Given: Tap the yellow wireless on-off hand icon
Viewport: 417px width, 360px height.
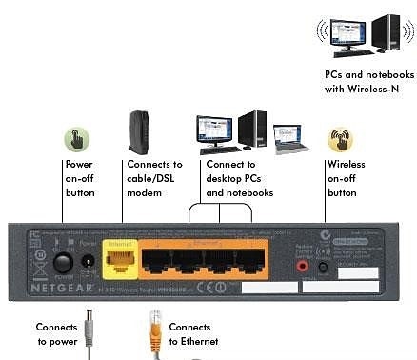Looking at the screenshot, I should (x=340, y=140).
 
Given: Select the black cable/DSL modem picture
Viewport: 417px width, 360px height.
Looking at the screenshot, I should (x=137, y=132).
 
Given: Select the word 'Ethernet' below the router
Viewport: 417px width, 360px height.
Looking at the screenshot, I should (x=194, y=341).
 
